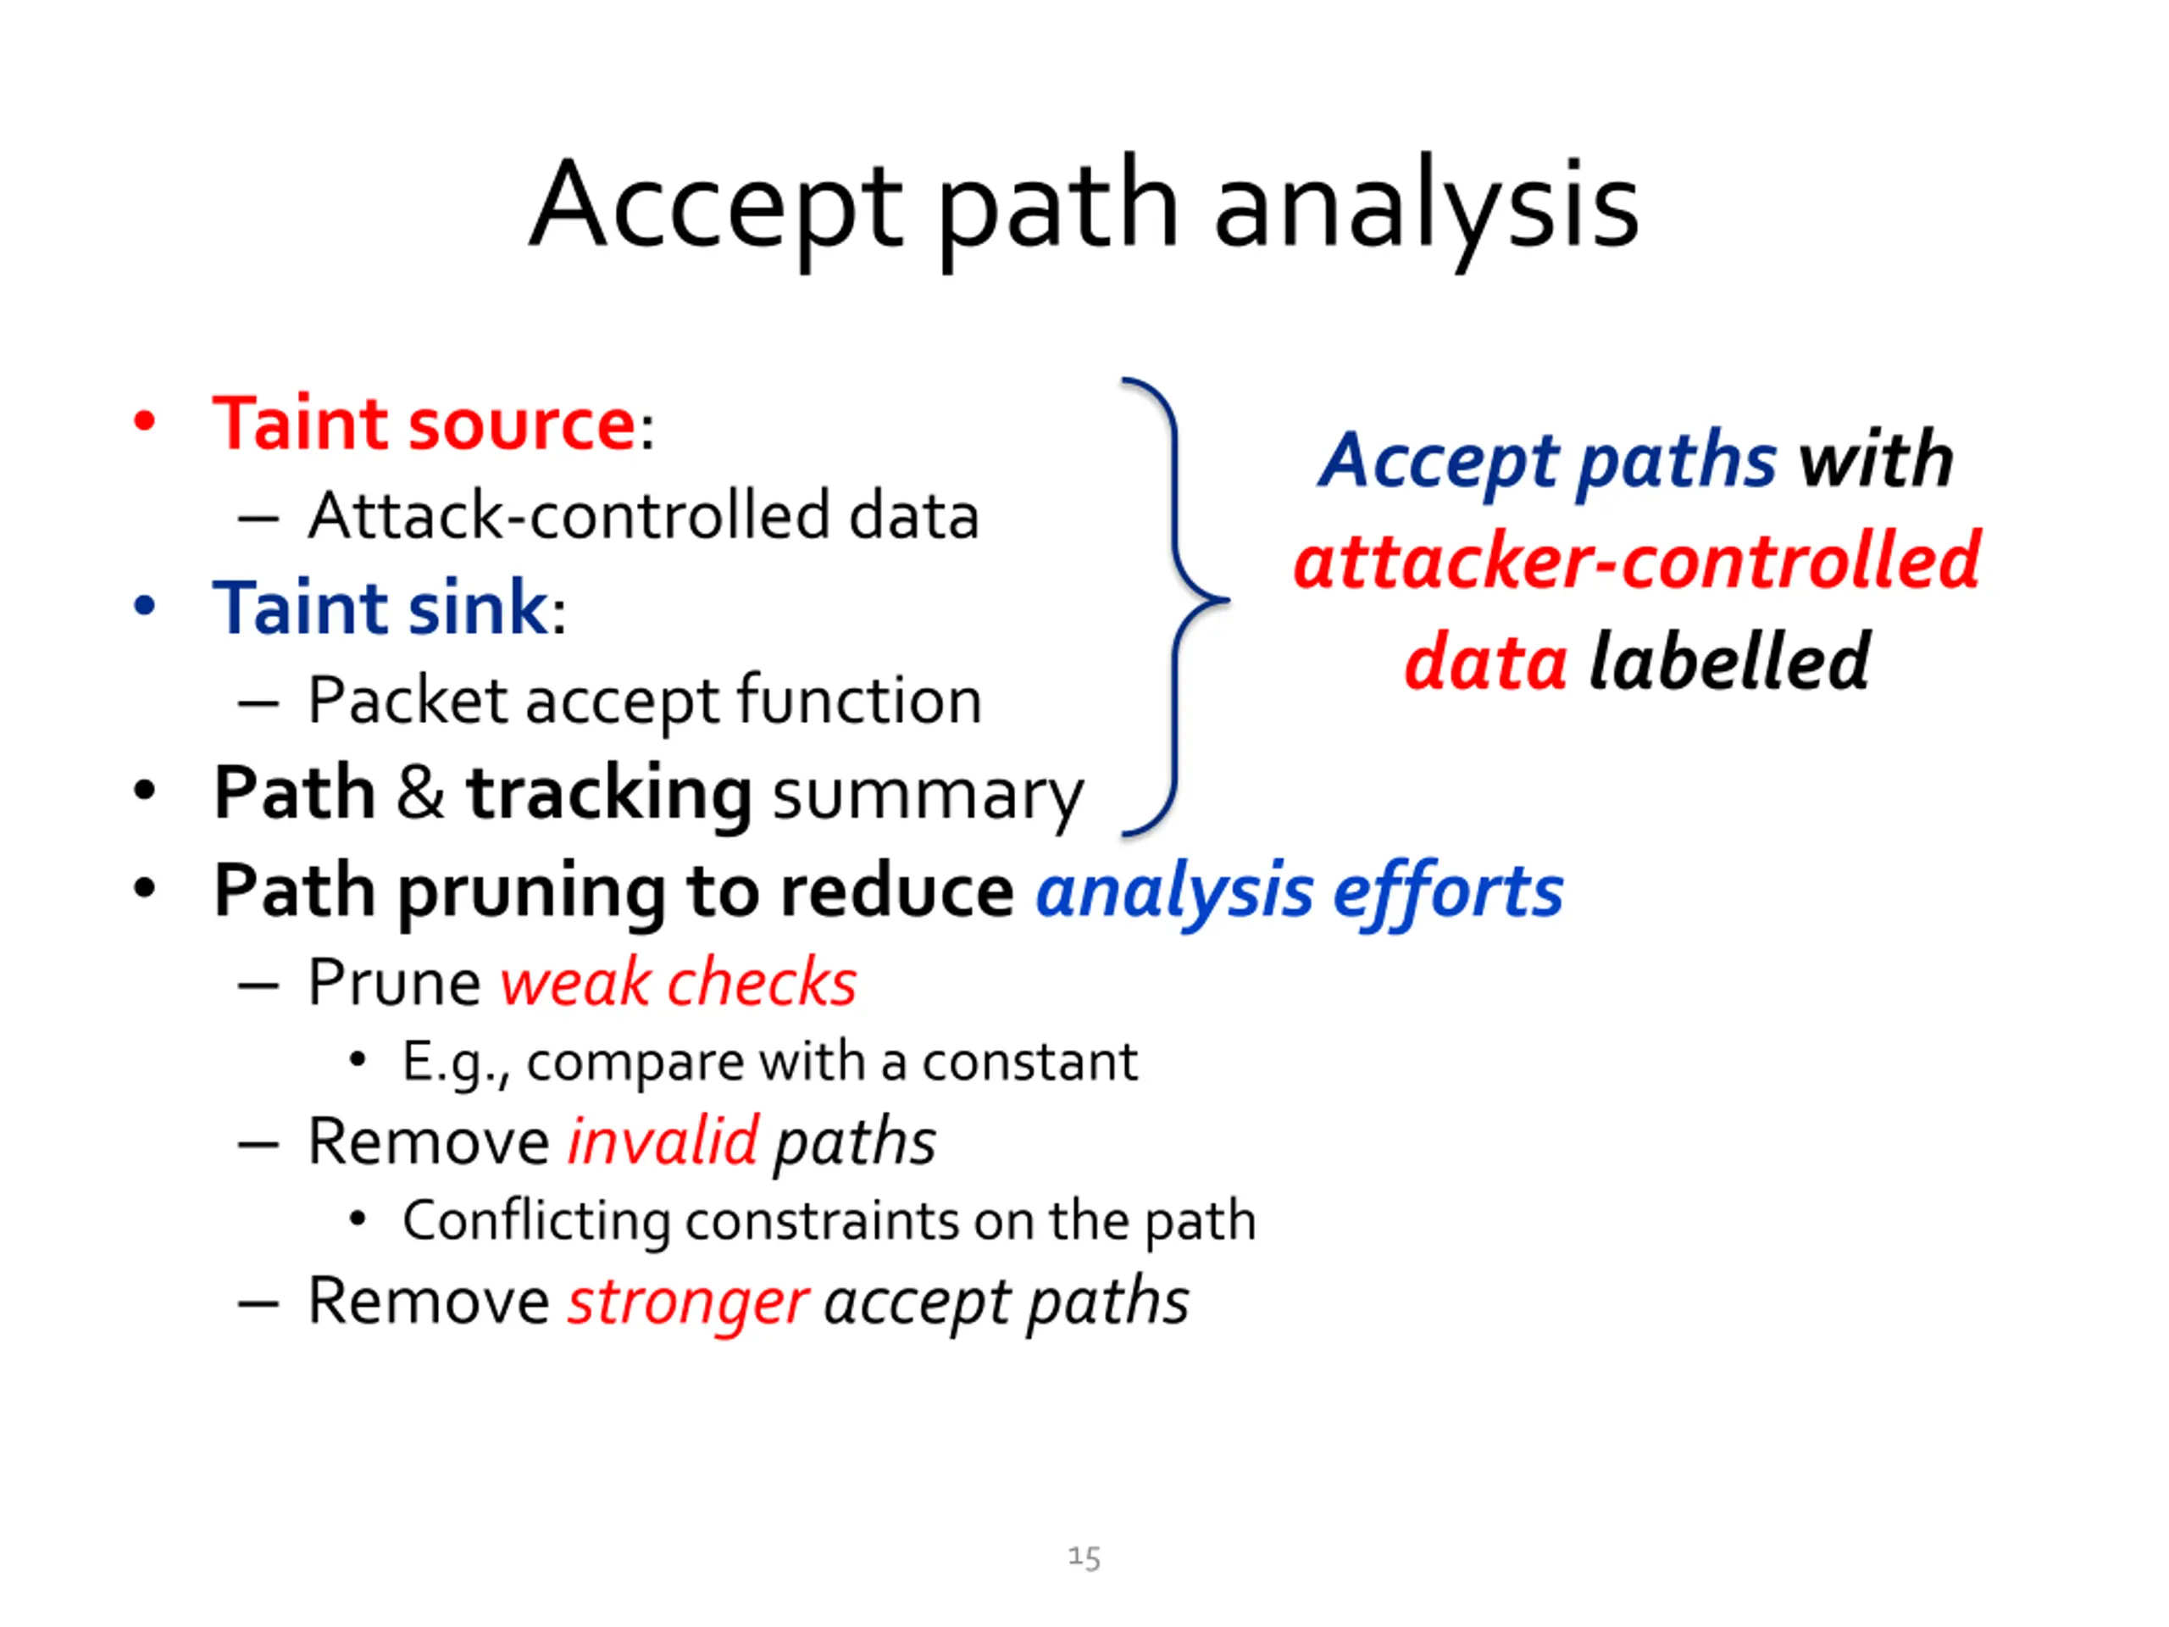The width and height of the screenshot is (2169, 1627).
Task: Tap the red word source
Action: tap(523, 425)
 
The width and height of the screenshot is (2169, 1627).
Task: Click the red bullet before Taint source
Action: tap(145, 422)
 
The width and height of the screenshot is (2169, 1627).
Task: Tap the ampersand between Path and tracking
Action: tap(419, 792)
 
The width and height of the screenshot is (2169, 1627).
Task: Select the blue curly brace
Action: tap(1177, 603)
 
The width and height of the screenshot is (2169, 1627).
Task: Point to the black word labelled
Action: tap(1728, 663)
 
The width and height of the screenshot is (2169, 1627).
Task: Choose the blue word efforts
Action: tap(1447, 892)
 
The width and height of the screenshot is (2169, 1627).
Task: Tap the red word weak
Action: tap(574, 983)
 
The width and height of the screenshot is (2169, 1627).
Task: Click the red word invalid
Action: tap(663, 1142)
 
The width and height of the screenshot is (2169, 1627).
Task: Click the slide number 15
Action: tap(1084, 1558)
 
